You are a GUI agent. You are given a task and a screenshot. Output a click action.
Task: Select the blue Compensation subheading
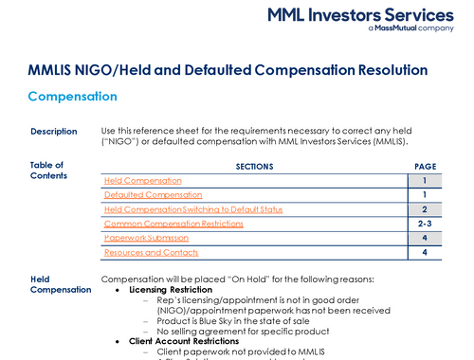pos(72,97)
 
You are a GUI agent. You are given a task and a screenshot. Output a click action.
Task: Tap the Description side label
pos(53,131)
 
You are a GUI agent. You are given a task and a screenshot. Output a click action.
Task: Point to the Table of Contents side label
pos(48,170)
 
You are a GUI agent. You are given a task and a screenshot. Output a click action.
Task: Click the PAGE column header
pos(426,166)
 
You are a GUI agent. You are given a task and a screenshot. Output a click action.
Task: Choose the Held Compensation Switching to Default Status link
pos(192,209)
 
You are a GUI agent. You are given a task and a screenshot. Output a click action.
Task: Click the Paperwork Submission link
pos(146,238)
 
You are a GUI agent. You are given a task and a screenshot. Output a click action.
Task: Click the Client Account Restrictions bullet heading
pos(184,340)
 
